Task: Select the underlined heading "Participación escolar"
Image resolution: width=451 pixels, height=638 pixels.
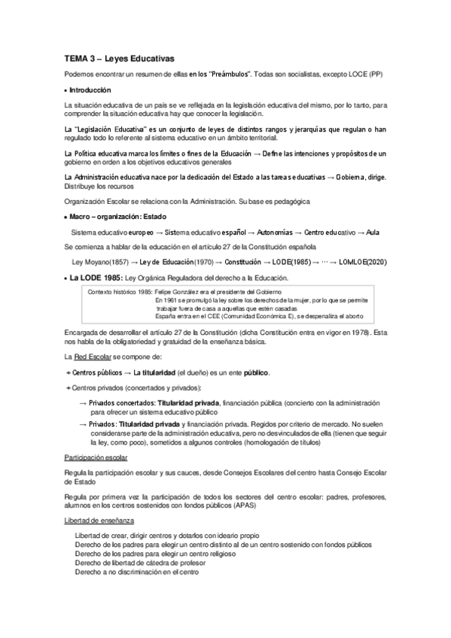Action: [96, 457]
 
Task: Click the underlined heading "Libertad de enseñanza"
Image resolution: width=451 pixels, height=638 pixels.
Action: [97, 520]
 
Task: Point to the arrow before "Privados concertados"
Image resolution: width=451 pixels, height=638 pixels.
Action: [83, 404]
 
